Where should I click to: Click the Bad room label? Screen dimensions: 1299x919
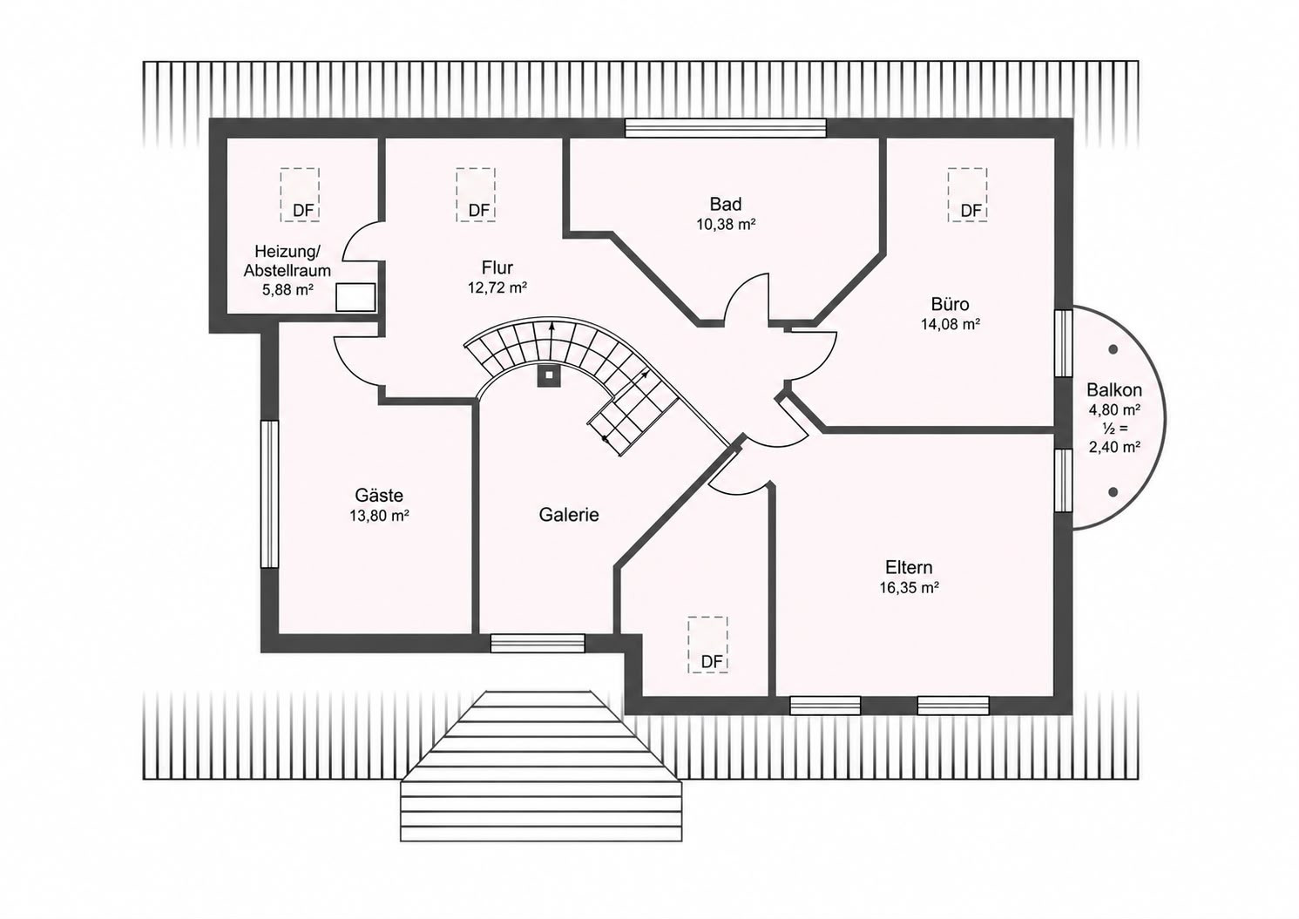[x=726, y=204]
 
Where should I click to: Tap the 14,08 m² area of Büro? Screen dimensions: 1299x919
[x=951, y=324]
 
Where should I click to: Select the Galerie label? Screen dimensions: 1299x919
[x=568, y=515]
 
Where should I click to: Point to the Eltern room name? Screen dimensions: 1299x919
[x=909, y=567]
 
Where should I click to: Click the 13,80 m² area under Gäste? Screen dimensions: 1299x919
[x=379, y=516]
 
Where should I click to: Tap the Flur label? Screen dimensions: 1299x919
[x=497, y=268]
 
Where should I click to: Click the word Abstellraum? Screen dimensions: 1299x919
[x=287, y=271]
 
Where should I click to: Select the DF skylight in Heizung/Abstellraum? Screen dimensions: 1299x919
[x=300, y=195]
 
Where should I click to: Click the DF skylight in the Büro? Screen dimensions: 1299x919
[x=967, y=195]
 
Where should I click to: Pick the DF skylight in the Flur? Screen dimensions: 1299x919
[x=476, y=195]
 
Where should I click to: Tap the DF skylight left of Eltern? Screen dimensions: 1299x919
[x=707, y=645]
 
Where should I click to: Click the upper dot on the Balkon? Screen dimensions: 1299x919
[x=1113, y=349]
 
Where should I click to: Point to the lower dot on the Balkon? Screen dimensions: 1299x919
[x=1113, y=492]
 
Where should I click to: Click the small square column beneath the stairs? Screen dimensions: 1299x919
[x=549, y=375]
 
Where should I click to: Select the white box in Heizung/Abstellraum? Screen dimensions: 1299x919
[x=355, y=297]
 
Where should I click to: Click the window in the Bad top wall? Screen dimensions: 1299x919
[x=725, y=128]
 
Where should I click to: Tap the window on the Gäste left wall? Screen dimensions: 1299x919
[x=270, y=494]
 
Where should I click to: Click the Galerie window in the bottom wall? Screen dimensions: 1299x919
[x=538, y=643]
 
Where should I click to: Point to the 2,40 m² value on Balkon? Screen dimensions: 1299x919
[x=1114, y=447]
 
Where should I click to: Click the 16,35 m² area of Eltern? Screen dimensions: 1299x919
[x=910, y=588]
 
